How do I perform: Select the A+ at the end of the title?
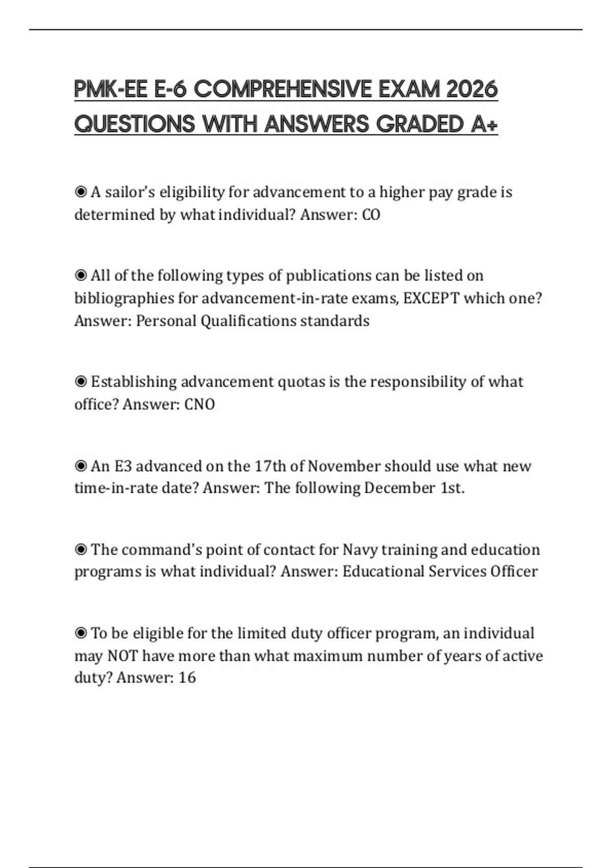click(x=484, y=124)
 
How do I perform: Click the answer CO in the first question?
click(x=371, y=215)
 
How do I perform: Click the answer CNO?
click(x=199, y=405)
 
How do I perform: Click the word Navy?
click(x=360, y=550)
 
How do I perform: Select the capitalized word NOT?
click(x=122, y=656)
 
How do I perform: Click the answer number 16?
click(x=187, y=678)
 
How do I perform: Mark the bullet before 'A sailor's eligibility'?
click(x=81, y=192)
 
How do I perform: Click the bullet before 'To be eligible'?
click(x=81, y=634)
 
